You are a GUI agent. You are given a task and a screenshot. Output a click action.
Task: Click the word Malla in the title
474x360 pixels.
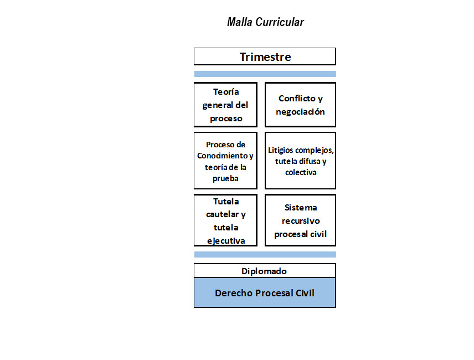239,22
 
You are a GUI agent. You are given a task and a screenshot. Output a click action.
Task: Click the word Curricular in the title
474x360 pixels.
280,22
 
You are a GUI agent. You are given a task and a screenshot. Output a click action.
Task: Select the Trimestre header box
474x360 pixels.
265,56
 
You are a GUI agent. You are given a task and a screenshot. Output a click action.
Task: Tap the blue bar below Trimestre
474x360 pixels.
265,74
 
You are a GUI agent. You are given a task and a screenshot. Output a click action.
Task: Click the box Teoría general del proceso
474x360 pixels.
225,105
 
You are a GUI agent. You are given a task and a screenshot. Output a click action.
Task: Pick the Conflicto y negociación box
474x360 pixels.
300,105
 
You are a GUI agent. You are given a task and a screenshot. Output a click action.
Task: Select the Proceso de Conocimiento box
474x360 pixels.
225,161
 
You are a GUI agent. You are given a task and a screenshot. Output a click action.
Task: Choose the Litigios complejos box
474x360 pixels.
300,161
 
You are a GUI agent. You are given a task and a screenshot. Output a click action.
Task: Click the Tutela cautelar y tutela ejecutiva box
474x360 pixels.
225,220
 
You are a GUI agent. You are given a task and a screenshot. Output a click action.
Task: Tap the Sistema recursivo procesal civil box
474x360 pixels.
300,220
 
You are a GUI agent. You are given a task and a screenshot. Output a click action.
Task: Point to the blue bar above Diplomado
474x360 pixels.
265,255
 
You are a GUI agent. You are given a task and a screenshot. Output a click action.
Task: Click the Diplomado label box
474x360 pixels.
265,270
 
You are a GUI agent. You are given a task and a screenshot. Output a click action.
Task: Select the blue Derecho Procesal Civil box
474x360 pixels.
265,292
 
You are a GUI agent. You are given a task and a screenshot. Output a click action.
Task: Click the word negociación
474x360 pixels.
300,112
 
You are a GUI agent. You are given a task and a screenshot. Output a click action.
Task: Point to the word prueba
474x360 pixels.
225,178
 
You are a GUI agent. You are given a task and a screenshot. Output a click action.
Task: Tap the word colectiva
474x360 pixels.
301,172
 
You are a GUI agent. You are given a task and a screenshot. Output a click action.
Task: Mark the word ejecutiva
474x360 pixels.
226,241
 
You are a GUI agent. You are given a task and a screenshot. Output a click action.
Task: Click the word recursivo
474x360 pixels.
301,221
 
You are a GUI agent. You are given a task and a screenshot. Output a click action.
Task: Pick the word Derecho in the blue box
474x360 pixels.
234,293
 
